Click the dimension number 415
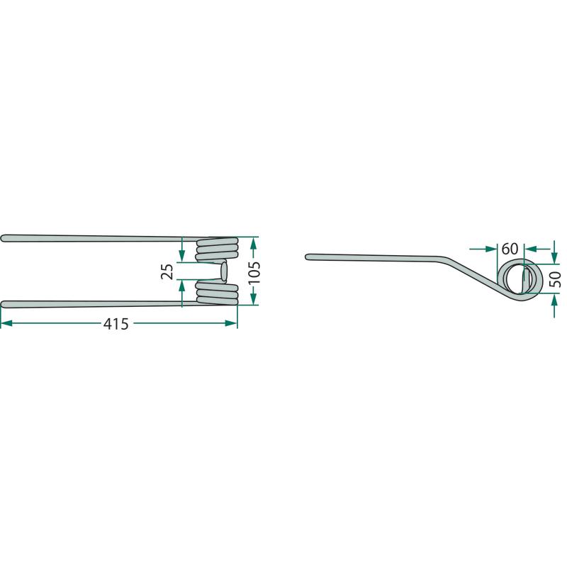click(x=116, y=324)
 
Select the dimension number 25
click(x=167, y=271)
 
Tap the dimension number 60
click(x=510, y=249)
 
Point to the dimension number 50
click(x=555, y=279)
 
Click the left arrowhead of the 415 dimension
click(x=6, y=323)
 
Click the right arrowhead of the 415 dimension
click(x=232, y=323)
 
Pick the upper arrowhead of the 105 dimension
click(x=254, y=243)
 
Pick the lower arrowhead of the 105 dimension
click(x=254, y=298)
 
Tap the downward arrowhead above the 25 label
click(x=182, y=256)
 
